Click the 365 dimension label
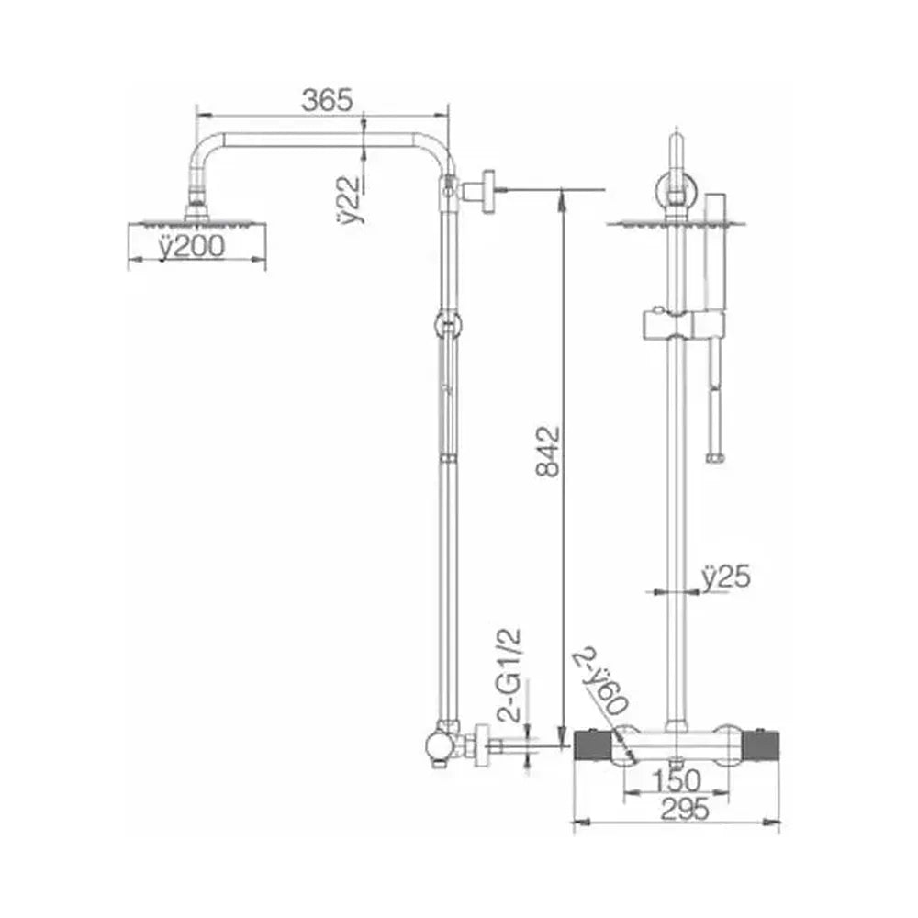(x=328, y=100)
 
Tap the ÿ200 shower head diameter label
(x=192, y=246)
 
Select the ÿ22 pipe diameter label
(x=351, y=199)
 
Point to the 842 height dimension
(x=549, y=452)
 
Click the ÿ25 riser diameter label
(x=726, y=577)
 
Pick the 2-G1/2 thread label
(x=509, y=675)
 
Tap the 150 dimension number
(x=676, y=781)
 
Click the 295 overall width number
(x=685, y=810)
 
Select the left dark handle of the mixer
(x=593, y=746)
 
